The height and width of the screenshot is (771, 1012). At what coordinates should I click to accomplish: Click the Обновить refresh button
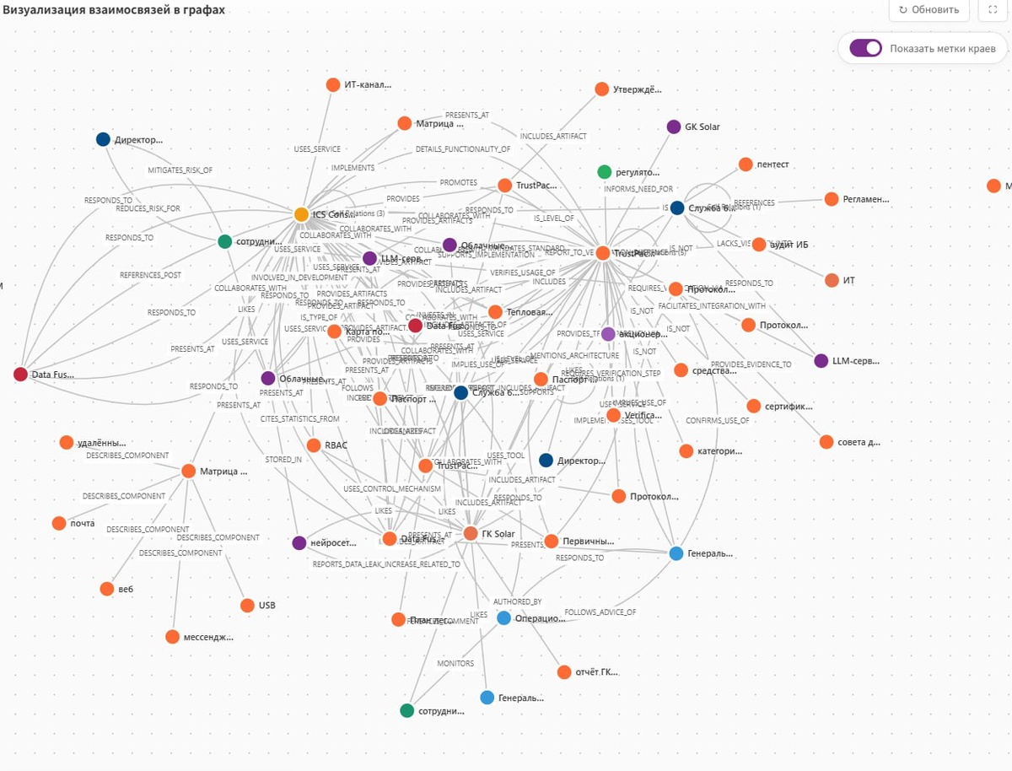click(929, 10)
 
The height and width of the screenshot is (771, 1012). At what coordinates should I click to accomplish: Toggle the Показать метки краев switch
click(865, 48)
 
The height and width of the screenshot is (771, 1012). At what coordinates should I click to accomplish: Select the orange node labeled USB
click(247, 605)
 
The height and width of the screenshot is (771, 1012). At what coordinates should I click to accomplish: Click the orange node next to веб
click(106, 589)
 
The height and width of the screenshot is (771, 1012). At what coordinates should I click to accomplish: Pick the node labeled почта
click(59, 523)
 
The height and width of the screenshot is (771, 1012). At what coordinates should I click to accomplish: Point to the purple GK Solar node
click(673, 127)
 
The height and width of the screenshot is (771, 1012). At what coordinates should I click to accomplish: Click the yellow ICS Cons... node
click(301, 214)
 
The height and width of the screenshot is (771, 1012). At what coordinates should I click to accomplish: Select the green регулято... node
click(604, 172)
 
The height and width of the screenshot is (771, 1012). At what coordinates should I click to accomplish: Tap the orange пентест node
click(746, 164)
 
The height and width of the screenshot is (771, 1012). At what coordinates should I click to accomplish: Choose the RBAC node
click(314, 445)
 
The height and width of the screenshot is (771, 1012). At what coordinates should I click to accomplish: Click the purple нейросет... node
click(299, 542)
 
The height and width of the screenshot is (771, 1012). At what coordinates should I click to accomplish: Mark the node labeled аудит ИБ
click(759, 245)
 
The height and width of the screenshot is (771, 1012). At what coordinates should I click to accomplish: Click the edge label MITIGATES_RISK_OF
click(180, 170)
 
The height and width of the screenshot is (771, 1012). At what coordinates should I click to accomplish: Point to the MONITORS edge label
click(455, 664)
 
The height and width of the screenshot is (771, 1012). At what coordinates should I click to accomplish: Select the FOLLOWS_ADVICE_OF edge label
click(600, 612)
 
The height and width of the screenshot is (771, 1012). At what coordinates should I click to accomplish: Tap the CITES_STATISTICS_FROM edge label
click(299, 418)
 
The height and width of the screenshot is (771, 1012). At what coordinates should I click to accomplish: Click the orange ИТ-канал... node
click(332, 84)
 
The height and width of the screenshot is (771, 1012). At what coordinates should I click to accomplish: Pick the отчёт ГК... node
click(564, 672)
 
